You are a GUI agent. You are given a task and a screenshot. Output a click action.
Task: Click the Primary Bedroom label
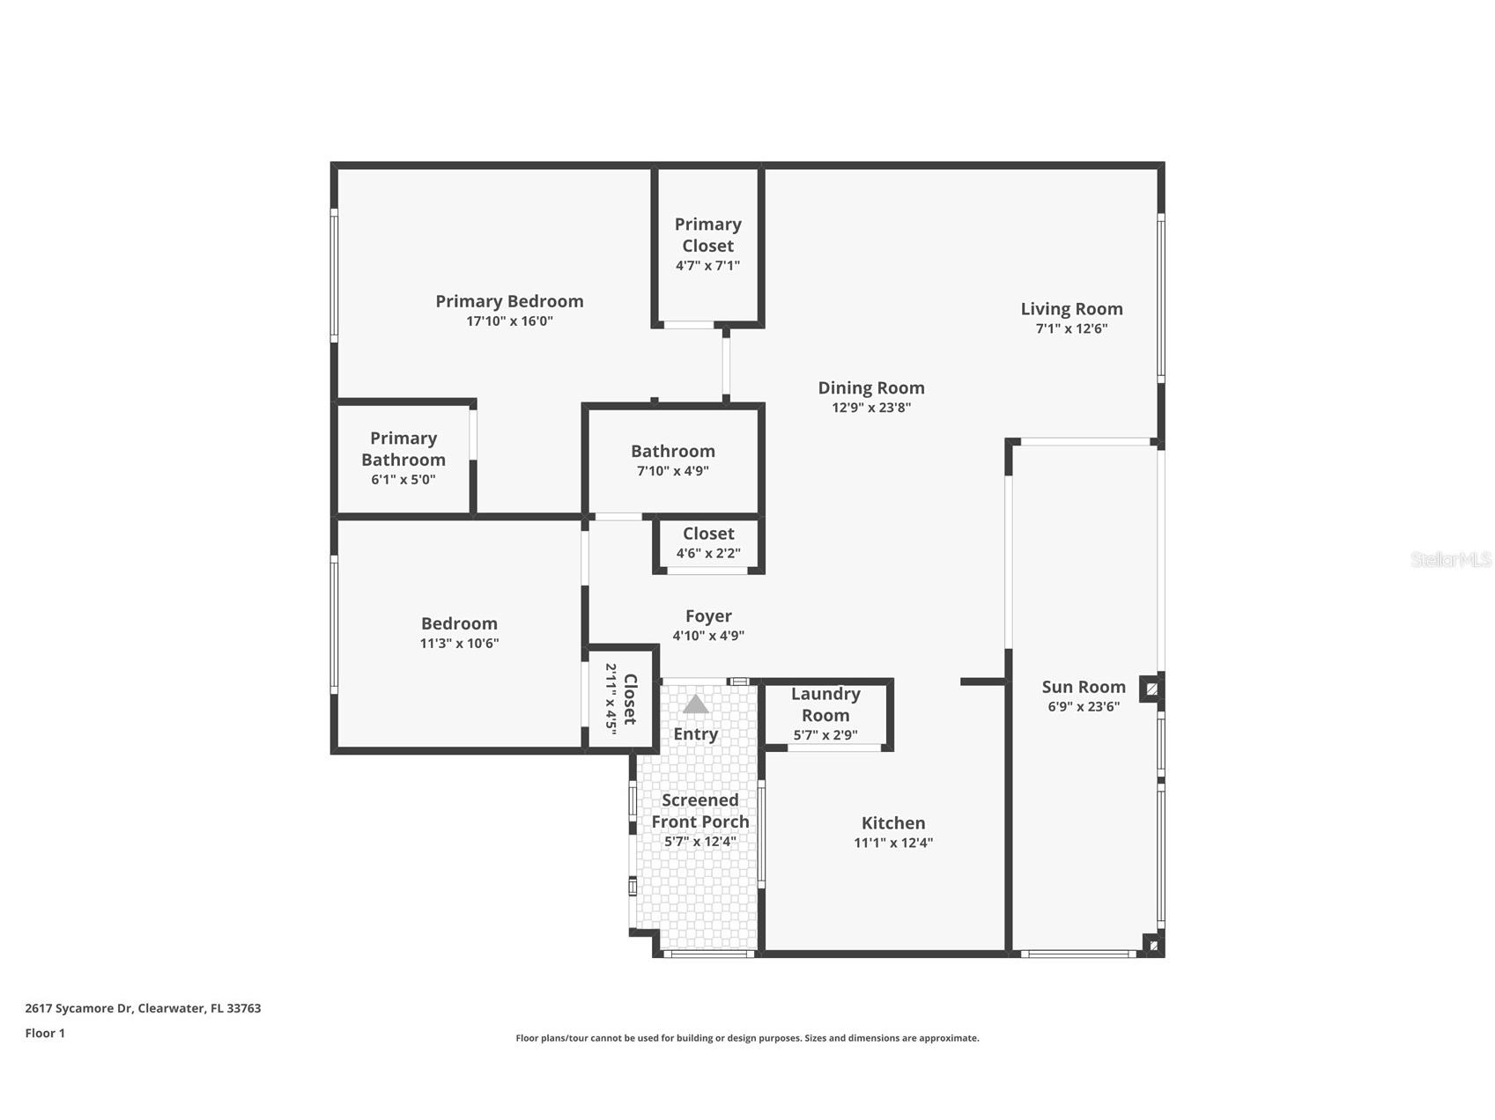click(x=509, y=301)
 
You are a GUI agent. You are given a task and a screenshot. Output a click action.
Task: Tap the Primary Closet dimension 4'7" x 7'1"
click(x=707, y=265)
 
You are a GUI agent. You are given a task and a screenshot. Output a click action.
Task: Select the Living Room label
click(x=1071, y=309)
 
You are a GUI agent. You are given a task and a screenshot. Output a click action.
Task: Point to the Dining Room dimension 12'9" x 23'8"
click(x=870, y=408)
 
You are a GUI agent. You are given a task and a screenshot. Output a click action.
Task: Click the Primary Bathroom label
click(x=403, y=449)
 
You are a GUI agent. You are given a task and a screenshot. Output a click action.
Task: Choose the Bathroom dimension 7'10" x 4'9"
click(x=672, y=471)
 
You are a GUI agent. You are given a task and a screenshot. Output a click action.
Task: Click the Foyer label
click(x=708, y=616)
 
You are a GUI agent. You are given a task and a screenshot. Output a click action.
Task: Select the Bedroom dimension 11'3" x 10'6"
click(x=459, y=644)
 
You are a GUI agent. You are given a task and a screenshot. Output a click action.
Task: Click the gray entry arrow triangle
click(x=696, y=704)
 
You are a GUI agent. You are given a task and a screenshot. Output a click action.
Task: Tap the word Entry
click(x=696, y=734)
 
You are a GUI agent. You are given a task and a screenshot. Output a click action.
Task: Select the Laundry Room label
click(x=825, y=704)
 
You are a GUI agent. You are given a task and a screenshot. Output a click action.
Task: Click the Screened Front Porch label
click(x=700, y=811)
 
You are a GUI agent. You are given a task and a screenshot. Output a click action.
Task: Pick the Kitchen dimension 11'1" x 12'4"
click(x=892, y=843)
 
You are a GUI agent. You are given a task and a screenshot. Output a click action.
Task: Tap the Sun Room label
click(x=1084, y=687)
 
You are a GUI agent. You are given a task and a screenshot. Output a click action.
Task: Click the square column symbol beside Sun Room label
click(x=1151, y=688)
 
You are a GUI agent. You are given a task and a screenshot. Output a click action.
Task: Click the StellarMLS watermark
click(x=1450, y=560)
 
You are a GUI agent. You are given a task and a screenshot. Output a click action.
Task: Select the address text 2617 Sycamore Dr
click(x=79, y=1008)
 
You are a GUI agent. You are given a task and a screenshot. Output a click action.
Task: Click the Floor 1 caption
click(x=45, y=1034)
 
